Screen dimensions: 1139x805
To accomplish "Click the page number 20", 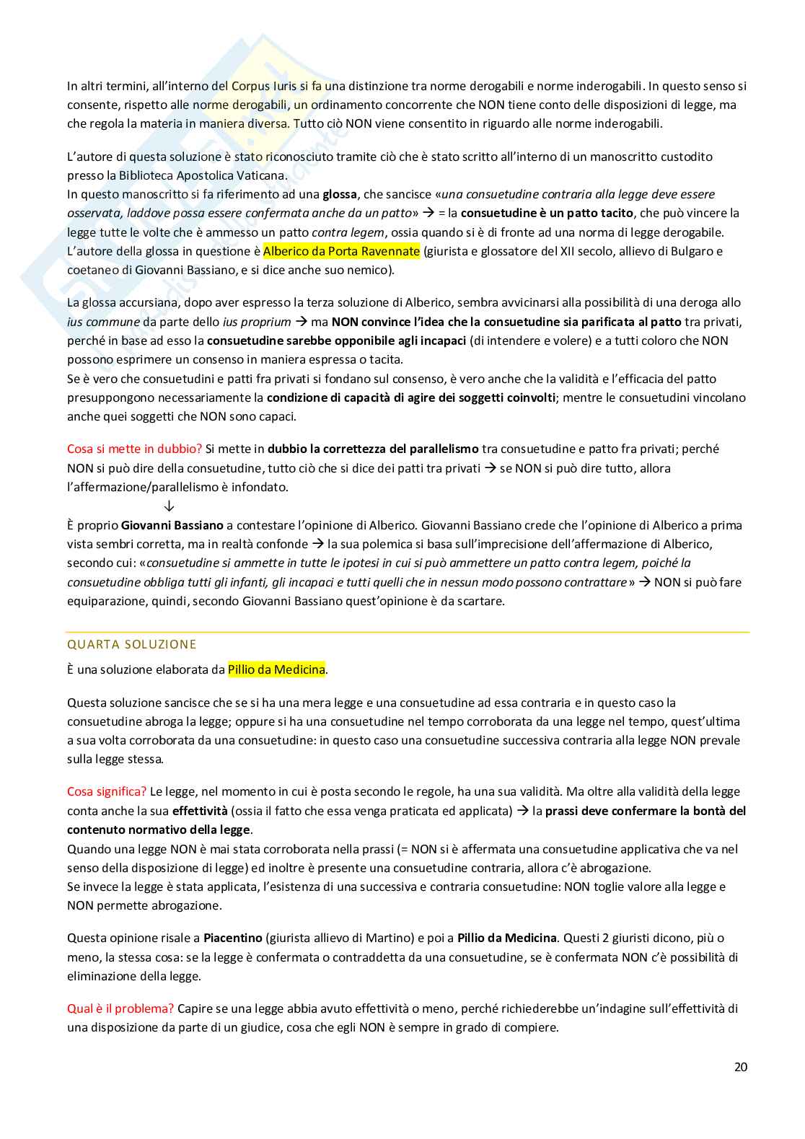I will (x=741, y=1067).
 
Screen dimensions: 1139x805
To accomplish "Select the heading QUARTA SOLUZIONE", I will (x=132, y=644).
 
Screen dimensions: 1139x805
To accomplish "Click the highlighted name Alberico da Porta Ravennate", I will (x=341, y=251).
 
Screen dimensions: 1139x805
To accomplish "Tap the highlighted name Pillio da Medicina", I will (x=276, y=669).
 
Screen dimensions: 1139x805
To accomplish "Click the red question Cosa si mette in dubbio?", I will (x=135, y=449).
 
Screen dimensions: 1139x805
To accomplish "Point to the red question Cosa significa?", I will (x=107, y=791).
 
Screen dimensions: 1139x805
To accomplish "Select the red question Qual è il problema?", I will (x=120, y=1008).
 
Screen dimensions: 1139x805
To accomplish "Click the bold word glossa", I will (x=340, y=194).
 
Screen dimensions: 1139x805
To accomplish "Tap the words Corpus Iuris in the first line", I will (x=265, y=86).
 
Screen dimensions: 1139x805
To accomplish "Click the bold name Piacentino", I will (x=232, y=938).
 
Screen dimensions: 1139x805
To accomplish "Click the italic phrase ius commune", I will (x=103, y=322).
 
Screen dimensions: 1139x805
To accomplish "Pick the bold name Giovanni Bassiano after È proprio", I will (x=172, y=525).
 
